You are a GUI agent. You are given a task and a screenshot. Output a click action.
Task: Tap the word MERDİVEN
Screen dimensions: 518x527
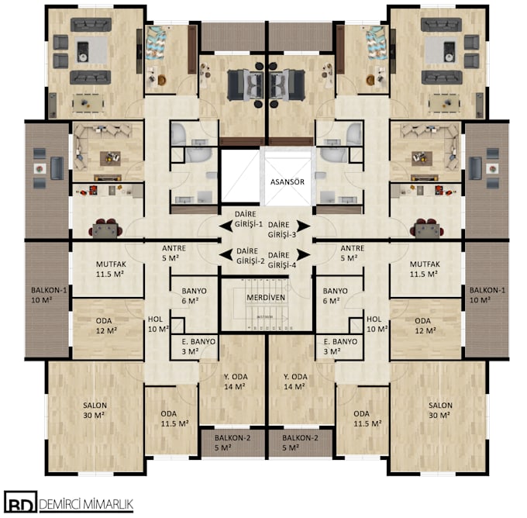click(x=267, y=298)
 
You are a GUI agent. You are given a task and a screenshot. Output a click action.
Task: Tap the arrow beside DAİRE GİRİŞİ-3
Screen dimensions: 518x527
click(x=304, y=225)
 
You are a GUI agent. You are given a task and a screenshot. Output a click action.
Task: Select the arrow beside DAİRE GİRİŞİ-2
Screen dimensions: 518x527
click(x=225, y=253)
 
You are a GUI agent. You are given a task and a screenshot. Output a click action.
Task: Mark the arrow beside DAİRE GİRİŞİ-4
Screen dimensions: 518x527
click(x=304, y=253)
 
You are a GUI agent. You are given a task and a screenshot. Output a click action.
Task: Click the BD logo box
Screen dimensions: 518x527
click(x=17, y=502)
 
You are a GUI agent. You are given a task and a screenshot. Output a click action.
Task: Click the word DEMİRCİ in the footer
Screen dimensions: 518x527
click(x=66, y=502)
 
